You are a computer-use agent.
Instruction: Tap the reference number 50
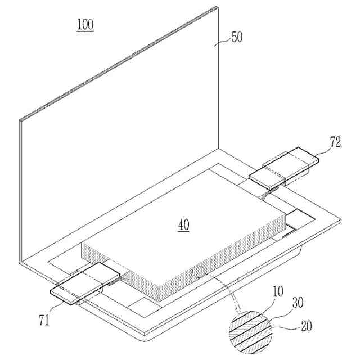coord(237,38)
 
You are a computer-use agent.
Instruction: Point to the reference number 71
coord(44,321)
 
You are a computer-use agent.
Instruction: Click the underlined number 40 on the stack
coord(184,225)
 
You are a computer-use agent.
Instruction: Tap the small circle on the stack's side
coord(198,272)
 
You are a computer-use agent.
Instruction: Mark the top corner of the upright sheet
coord(217,7)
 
